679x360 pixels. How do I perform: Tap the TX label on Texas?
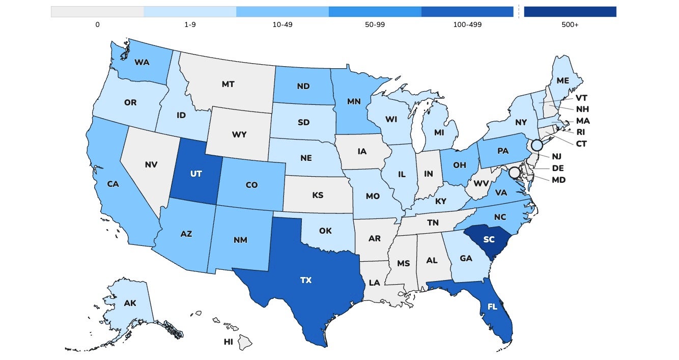306,280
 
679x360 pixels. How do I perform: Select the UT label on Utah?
196,174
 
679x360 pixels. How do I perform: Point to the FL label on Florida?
492,307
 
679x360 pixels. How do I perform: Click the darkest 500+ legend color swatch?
570,12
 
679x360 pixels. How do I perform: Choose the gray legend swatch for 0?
97,12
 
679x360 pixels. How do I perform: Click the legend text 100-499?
467,24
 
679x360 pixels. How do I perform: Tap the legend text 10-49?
282,24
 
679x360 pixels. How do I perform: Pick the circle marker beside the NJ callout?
536,146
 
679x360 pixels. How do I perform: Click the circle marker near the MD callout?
515,173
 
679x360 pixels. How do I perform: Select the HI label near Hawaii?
229,342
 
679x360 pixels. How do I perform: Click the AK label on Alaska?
130,303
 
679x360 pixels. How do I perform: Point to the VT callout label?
582,98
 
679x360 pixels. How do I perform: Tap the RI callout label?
581,132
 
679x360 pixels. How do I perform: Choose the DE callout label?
558,168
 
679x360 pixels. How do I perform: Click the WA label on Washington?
142,63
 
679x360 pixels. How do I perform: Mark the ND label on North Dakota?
303,86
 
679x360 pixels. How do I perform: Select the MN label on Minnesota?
354,101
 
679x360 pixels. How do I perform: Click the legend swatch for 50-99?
375,12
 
